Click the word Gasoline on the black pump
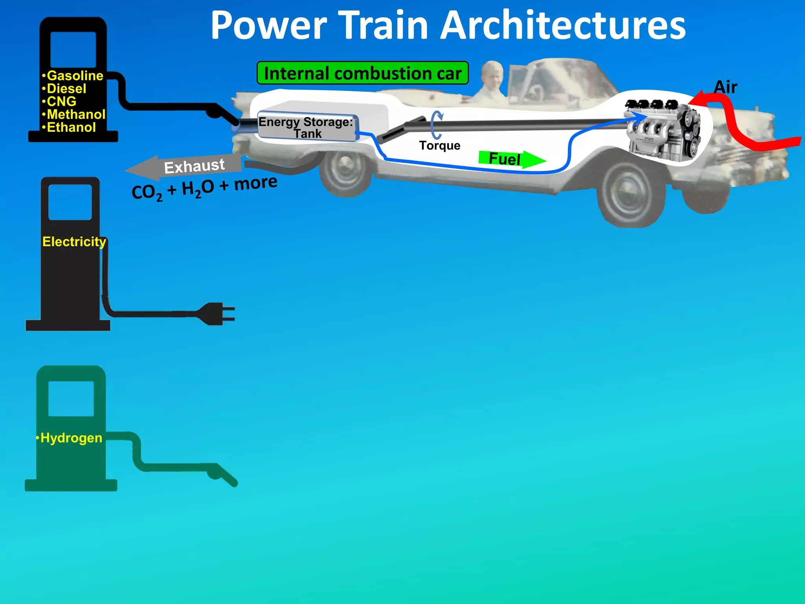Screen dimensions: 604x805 pyautogui.click(x=75, y=75)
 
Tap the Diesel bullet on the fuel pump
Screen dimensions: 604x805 pyautogui.click(x=66, y=88)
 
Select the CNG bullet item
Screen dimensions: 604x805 pyautogui.click(x=61, y=101)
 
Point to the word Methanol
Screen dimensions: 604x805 pyautogui.click(x=76, y=114)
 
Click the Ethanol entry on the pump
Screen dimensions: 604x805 pyautogui.click(x=71, y=127)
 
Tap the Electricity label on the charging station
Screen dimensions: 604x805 pyautogui.click(x=74, y=241)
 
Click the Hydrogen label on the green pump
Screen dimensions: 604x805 pyautogui.click(x=71, y=438)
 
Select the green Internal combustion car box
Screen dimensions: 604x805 pyautogui.click(x=362, y=73)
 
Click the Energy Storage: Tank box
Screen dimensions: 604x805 pyautogui.click(x=307, y=127)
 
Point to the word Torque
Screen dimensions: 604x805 pyautogui.click(x=439, y=145)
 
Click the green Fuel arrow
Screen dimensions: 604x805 pyautogui.click(x=511, y=159)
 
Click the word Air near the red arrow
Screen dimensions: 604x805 pyautogui.click(x=725, y=87)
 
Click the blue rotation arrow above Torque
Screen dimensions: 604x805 pyautogui.click(x=436, y=125)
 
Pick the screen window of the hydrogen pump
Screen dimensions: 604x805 pyautogui.click(x=71, y=398)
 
